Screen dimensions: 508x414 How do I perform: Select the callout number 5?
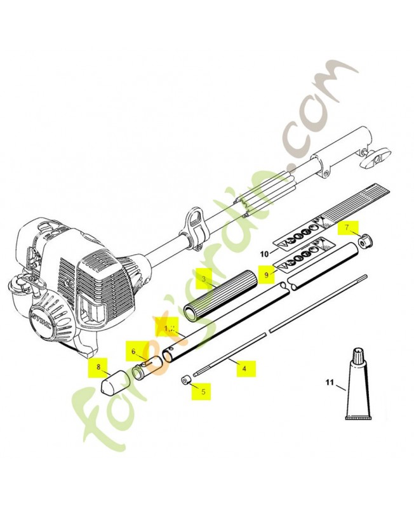tap(203, 392)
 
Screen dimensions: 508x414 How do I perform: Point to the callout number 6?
tap(134, 351)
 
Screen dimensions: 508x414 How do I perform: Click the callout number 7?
tap(347, 227)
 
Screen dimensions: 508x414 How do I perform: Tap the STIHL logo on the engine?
tap(44, 318)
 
